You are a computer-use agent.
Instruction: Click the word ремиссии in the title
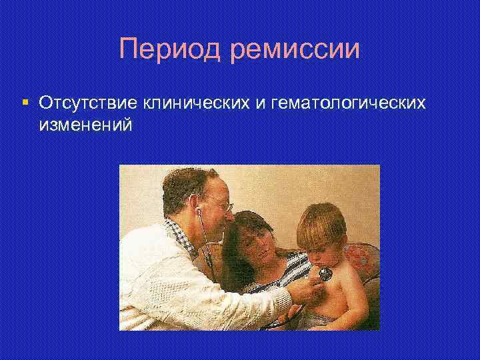click(x=295, y=50)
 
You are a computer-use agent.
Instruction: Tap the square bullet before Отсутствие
click(x=25, y=103)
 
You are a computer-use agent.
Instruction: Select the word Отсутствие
click(x=87, y=103)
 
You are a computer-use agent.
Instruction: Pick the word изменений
click(x=86, y=125)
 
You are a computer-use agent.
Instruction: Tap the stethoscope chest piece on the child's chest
click(x=325, y=273)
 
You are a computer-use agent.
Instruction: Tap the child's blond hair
click(x=323, y=223)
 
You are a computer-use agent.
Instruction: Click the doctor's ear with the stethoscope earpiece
click(x=197, y=203)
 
